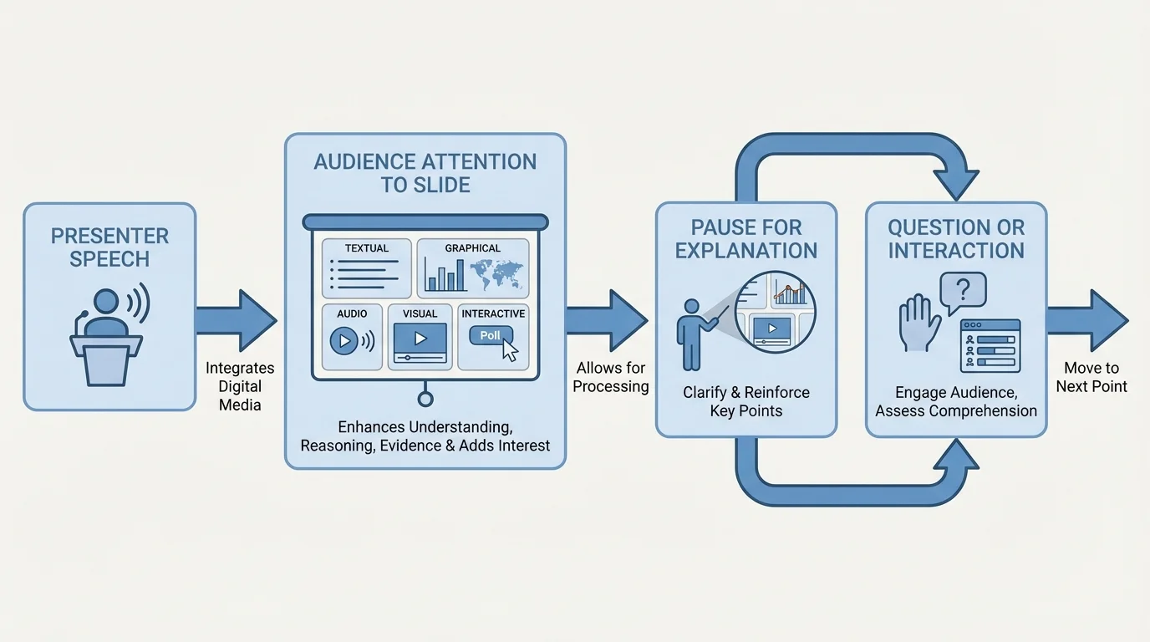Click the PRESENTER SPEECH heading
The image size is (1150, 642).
click(x=109, y=247)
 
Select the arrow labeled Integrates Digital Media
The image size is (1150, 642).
click(x=237, y=320)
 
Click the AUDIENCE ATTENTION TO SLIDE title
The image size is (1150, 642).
click(x=425, y=173)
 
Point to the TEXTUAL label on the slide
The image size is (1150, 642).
click(x=366, y=248)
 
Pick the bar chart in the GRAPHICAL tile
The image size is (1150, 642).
click(x=444, y=274)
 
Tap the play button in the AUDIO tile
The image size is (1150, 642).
click(x=343, y=340)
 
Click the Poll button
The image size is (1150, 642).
click(x=491, y=336)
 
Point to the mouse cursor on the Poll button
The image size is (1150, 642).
click(x=510, y=351)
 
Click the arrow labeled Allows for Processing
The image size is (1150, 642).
click(x=608, y=320)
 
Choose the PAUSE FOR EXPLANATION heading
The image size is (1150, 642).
click(x=746, y=239)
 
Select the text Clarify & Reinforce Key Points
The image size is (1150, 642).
click(x=746, y=401)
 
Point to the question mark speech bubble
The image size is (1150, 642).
click(x=964, y=292)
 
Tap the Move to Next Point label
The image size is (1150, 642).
click(x=1091, y=377)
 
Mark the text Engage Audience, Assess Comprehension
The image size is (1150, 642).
click(x=956, y=401)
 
